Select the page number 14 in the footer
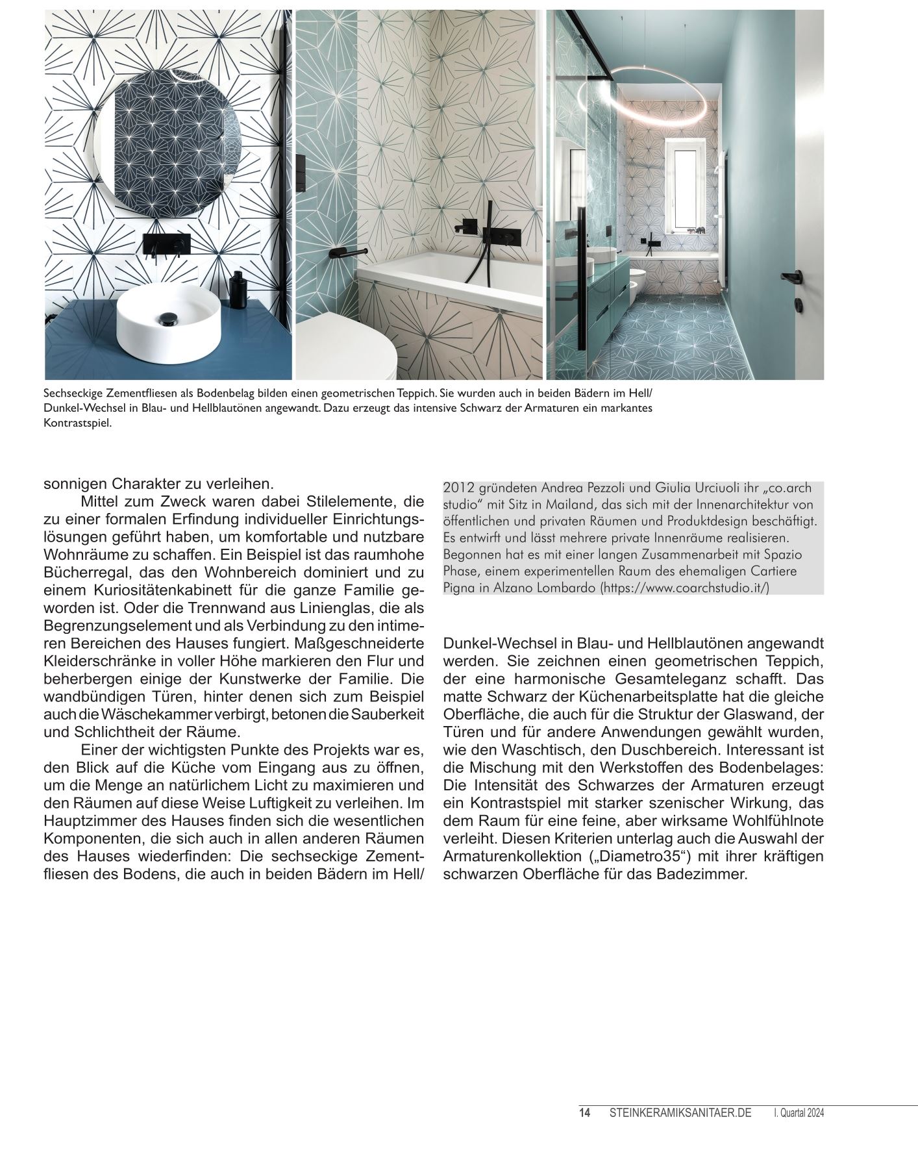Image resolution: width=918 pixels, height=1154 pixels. click(x=584, y=1112)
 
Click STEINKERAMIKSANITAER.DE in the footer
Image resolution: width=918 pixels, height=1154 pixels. click(x=680, y=1112)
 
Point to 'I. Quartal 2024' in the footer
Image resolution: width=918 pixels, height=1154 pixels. click(x=799, y=1112)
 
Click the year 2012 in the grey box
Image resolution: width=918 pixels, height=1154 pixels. click(x=456, y=488)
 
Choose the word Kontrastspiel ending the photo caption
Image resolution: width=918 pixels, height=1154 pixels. click(x=78, y=423)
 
